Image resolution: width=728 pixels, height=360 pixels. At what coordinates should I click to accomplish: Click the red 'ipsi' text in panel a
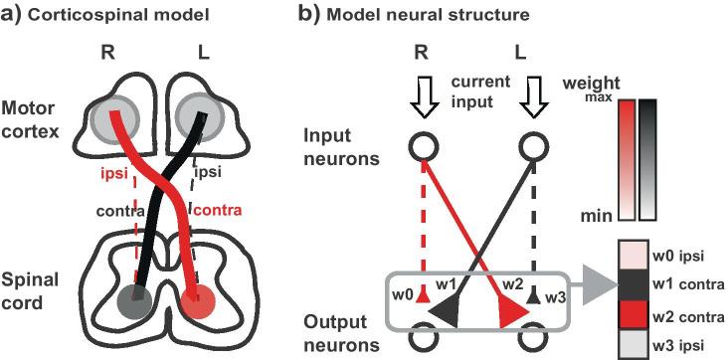(113, 175)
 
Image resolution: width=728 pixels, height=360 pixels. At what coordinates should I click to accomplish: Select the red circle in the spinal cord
(201, 298)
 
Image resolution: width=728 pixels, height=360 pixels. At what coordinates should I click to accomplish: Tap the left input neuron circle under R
(424, 148)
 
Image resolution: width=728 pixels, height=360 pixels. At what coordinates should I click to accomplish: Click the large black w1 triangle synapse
(445, 315)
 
